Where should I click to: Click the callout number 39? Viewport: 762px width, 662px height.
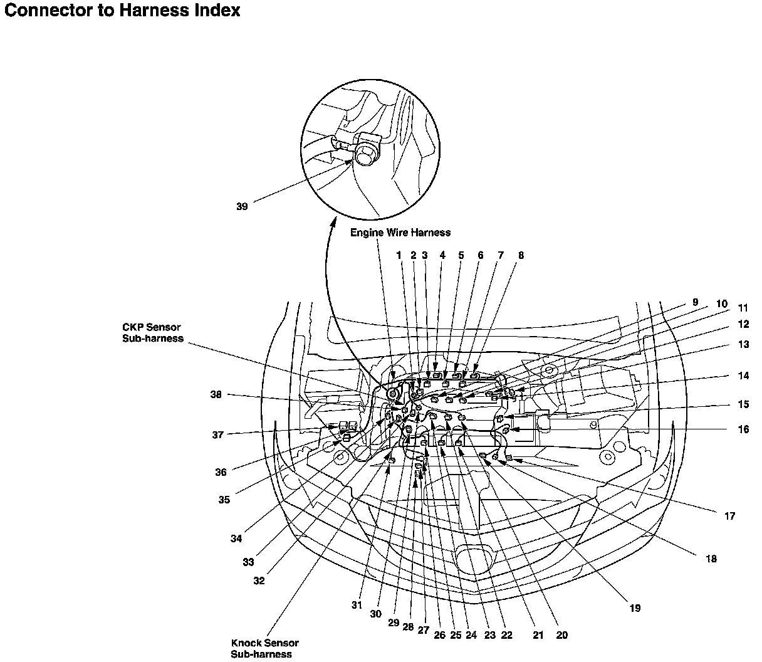coord(242,206)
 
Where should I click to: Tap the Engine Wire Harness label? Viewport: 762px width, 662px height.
coord(400,233)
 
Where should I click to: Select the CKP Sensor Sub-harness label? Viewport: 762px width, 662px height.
coord(153,333)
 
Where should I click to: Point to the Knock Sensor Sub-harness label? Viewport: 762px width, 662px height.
coord(264,648)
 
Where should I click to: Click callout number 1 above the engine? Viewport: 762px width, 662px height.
coord(399,255)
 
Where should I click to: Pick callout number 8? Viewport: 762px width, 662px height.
coord(521,255)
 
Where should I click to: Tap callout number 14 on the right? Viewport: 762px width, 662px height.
coord(743,376)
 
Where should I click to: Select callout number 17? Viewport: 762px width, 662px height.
coord(729,516)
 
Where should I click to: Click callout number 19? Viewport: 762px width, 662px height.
coord(635,608)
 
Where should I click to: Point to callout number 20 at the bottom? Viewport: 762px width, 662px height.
coord(561,635)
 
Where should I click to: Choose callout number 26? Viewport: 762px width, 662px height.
coord(439,635)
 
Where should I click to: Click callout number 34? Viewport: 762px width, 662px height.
coord(236,539)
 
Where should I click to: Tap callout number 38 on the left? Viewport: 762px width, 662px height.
coord(216,394)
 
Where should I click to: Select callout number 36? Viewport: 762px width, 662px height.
coord(221,472)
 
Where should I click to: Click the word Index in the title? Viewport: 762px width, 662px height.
coord(217,10)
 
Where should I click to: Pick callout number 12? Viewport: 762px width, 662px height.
coord(743,324)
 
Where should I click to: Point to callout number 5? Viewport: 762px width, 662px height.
coord(461,255)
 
